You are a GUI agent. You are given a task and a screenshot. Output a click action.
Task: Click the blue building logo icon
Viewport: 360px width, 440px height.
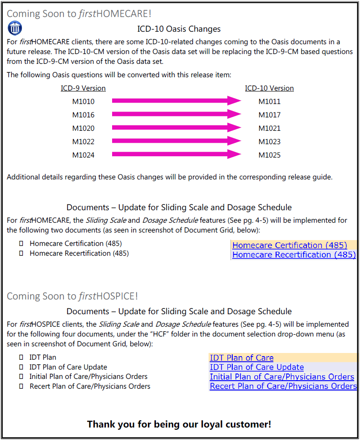15,29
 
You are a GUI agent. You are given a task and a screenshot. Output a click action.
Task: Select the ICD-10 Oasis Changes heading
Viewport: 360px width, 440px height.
179,29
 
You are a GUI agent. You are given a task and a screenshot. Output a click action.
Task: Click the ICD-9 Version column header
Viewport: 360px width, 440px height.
83,88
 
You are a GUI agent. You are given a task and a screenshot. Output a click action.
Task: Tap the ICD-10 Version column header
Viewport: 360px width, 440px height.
269,88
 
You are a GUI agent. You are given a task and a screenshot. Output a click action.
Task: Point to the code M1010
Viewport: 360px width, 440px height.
84,102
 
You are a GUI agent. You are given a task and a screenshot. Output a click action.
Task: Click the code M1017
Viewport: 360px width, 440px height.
269,115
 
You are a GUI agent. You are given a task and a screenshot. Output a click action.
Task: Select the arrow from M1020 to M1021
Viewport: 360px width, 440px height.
176,128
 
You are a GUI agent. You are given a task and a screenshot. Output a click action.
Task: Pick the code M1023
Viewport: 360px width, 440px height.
269,142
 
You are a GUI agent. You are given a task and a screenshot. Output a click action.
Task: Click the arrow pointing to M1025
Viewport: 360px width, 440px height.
176,155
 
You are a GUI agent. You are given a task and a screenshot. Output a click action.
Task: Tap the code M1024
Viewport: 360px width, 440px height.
84,155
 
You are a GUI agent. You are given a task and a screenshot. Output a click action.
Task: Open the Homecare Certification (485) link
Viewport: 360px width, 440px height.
289,245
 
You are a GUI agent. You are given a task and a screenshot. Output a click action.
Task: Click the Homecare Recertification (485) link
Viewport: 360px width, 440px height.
294,255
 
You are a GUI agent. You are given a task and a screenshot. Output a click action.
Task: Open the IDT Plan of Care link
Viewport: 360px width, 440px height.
242,358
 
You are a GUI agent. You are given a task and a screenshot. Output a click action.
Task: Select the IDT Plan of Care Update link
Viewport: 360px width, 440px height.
257,367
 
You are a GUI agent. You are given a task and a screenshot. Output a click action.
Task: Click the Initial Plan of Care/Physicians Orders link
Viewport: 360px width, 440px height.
282,377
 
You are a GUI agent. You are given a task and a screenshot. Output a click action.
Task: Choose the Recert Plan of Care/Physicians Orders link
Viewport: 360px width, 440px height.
283,386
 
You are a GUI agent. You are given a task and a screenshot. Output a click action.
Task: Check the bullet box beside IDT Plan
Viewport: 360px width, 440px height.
21,357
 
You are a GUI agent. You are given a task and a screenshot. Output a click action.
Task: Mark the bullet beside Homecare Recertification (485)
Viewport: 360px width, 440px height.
21,253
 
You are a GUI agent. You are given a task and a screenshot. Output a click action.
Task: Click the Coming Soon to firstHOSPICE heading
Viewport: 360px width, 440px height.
72,296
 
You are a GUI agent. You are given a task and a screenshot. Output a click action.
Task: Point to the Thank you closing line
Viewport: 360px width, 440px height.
179,424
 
